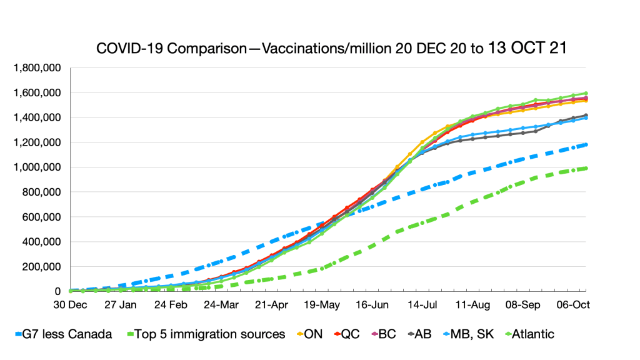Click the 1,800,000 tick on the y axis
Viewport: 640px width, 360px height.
point(40,67)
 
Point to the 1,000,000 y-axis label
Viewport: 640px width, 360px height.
point(40,167)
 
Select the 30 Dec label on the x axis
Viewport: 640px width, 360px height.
point(70,305)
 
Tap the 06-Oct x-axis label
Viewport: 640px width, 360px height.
point(573,305)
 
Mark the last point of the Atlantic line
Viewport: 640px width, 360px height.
point(586,93)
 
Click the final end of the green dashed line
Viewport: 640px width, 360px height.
point(586,167)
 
